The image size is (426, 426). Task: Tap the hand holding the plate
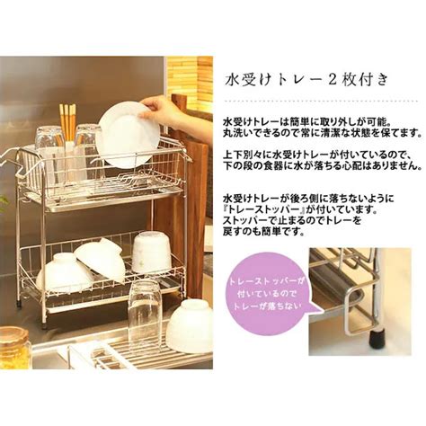tap(173, 114)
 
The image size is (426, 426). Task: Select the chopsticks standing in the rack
tap(68, 122)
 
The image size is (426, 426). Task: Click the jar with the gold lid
tap(15, 347)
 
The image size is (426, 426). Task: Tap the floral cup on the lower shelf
tap(151, 253)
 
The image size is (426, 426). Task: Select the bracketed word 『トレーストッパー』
tap(264, 209)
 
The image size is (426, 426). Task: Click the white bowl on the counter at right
tap(191, 325)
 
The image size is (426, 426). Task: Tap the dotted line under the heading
tap(322, 101)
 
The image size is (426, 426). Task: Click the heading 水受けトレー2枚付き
tap(306, 80)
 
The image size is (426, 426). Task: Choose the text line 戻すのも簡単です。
tap(263, 231)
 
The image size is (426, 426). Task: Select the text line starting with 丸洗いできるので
tap(321, 133)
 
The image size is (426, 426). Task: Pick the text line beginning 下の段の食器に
tap(321, 166)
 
